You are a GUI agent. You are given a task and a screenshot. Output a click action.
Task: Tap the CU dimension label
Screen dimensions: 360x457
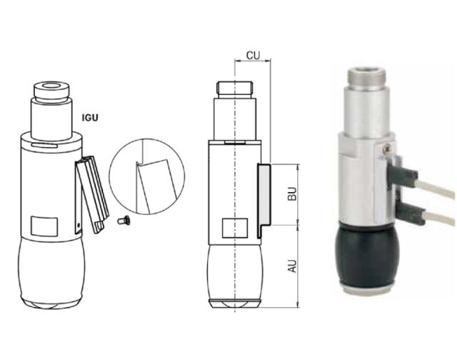(252, 55)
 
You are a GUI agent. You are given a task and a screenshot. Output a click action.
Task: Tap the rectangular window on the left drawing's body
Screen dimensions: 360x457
(44, 227)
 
